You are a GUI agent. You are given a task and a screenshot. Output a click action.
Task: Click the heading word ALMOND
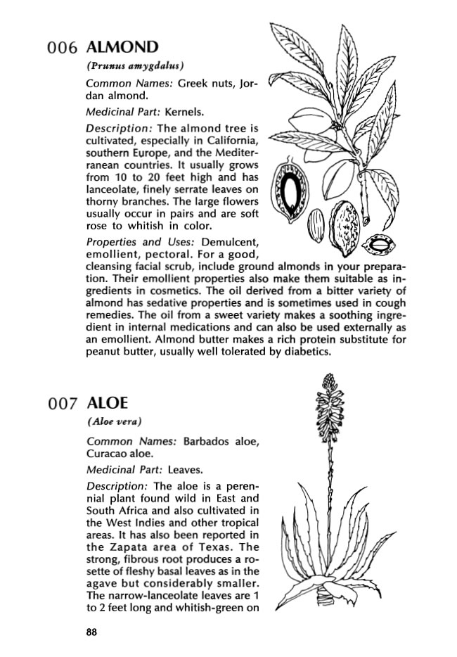121,48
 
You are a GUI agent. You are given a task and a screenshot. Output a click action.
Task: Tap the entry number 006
62,49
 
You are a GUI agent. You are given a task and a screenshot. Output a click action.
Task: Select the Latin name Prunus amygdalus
135,67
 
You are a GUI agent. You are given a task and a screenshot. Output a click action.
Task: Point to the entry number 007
62,404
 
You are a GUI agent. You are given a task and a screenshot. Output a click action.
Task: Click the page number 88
91,632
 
